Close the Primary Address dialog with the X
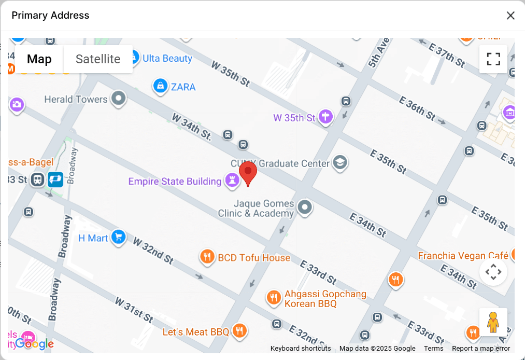click(510, 16)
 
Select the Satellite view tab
click(98, 59)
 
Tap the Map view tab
click(39, 59)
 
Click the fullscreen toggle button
click(493, 59)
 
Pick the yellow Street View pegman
click(493, 322)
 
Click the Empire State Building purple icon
click(231, 181)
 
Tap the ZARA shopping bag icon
click(160, 86)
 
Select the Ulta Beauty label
click(167, 58)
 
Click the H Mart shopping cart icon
click(119, 238)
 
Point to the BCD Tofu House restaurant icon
click(207, 257)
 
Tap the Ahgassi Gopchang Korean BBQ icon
click(273, 298)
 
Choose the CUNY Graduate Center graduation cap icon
click(340, 163)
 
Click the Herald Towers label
click(76, 99)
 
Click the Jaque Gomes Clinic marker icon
click(305, 207)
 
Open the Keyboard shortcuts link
click(301, 349)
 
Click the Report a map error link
click(481, 349)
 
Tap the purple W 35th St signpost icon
click(325, 117)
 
